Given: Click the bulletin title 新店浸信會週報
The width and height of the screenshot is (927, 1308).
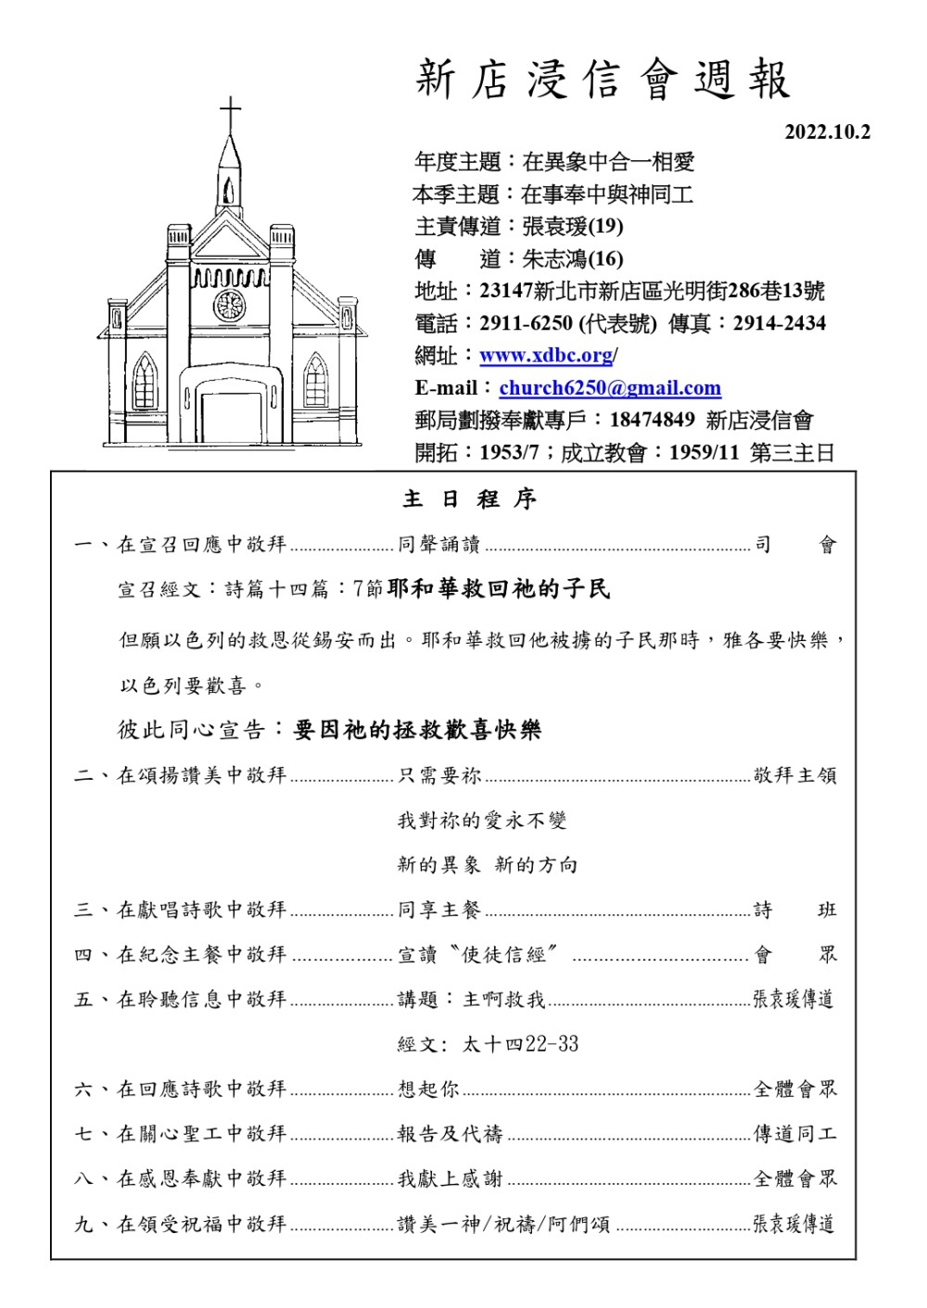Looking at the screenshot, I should click(603, 80).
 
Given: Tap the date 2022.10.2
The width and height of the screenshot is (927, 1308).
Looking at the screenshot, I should click(827, 132).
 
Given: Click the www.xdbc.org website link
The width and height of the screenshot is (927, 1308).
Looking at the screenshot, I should click(546, 356).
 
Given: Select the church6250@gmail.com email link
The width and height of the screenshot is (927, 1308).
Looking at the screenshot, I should click(610, 388).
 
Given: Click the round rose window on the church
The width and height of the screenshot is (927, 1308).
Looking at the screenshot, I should click(229, 305).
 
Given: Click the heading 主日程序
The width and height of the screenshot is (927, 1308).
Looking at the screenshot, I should click(469, 500).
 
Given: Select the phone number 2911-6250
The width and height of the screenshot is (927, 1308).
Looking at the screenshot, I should click(526, 323).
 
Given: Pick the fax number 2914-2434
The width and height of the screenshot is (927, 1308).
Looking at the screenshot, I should click(779, 323).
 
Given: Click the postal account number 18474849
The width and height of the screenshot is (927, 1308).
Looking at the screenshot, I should click(652, 420).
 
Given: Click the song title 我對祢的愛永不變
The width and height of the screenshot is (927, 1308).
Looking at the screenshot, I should click(482, 821).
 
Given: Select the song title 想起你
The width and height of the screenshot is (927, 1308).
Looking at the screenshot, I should click(428, 1089).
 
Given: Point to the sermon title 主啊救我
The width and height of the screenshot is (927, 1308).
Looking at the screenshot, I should click(503, 1000).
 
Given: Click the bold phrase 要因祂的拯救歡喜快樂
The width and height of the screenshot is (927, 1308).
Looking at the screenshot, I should click(417, 731).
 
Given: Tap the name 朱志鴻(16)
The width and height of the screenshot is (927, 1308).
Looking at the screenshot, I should click(573, 258).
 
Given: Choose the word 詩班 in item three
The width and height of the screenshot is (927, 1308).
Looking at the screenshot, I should click(795, 911).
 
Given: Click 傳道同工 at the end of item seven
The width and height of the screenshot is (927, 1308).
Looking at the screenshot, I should click(794, 1134).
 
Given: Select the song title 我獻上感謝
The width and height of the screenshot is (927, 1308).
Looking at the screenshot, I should click(451, 1179).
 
